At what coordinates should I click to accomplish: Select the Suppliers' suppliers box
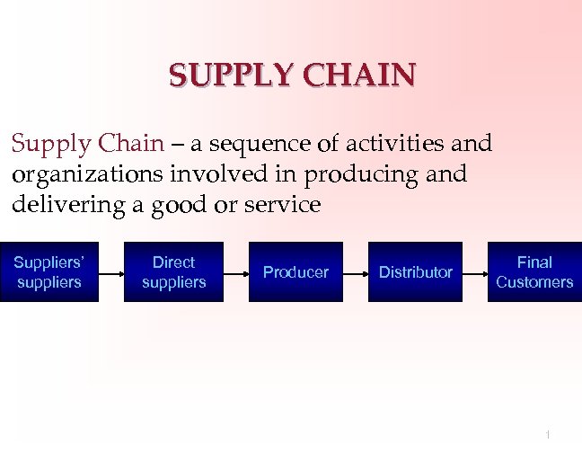[x=48, y=272]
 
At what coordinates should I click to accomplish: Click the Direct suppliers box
[x=173, y=272]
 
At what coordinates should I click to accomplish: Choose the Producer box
[x=295, y=272]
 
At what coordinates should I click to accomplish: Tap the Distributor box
[x=415, y=272]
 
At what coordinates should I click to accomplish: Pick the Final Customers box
[x=534, y=272]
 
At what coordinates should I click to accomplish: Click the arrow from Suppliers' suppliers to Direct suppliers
[x=110, y=271]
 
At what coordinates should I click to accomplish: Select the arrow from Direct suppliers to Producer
[x=235, y=271]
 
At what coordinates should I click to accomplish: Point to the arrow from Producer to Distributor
[x=356, y=271]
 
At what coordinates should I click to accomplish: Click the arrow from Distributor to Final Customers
[x=475, y=271]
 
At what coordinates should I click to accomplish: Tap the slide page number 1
[x=547, y=435]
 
